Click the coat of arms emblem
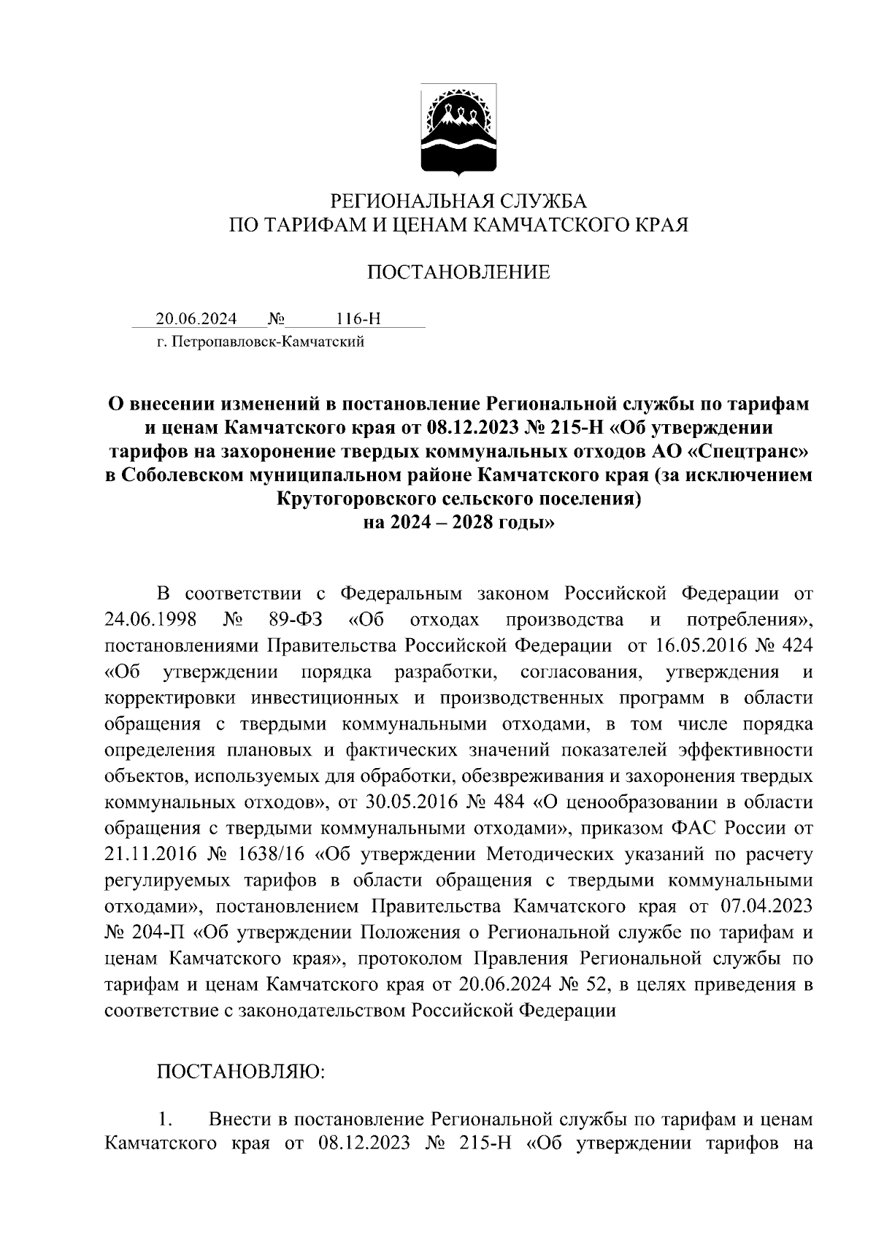tap(458, 130)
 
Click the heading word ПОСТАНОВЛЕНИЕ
tap(458, 273)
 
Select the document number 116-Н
tap(358, 319)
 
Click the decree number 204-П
tap(161, 932)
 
